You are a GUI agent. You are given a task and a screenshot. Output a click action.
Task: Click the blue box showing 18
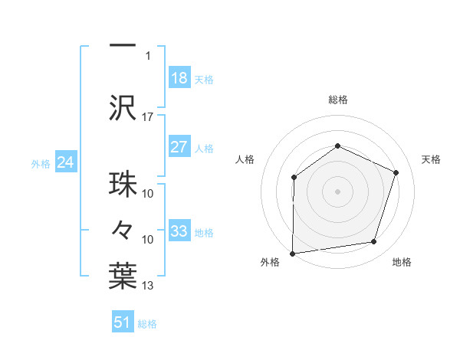point(179,77)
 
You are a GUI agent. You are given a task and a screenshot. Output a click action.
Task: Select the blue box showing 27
point(179,147)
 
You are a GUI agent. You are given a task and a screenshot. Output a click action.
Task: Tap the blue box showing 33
point(179,231)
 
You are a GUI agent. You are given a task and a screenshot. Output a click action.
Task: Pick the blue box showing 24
point(66,162)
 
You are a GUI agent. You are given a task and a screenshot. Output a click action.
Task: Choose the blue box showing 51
point(123,322)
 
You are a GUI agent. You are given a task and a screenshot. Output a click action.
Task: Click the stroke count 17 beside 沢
point(148,117)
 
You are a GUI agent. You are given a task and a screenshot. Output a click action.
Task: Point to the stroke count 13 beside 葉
point(148,286)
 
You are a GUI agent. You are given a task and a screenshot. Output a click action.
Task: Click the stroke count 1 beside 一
point(148,55)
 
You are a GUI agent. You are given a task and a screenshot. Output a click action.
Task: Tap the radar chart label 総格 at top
point(337,100)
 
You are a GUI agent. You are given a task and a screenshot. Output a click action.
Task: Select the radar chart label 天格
point(431,159)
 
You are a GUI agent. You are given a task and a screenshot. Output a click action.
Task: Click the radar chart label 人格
point(245,159)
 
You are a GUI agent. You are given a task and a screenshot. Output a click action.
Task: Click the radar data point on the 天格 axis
point(396,172)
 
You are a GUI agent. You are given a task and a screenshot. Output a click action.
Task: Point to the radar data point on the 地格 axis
point(374,242)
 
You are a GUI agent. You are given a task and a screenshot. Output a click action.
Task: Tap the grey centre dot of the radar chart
point(337,191)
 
